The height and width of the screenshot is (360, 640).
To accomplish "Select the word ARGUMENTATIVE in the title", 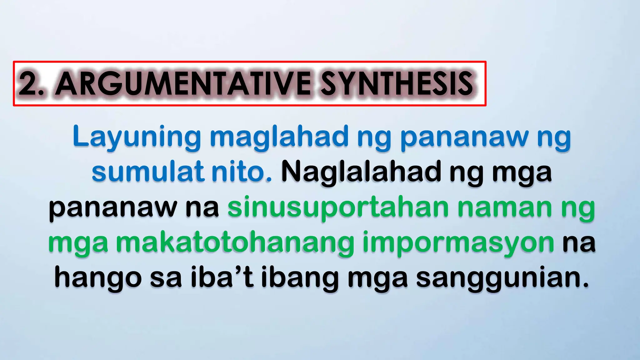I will pyautogui.click(x=183, y=84).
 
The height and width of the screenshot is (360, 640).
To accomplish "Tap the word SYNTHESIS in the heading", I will pyautogui.click(x=397, y=84).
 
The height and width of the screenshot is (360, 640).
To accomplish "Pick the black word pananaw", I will pyautogui.click(x=112, y=207).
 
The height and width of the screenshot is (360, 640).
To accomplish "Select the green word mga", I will pyautogui.click(x=78, y=243).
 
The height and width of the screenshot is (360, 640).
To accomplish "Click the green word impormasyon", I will pyautogui.click(x=458, y=243).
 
